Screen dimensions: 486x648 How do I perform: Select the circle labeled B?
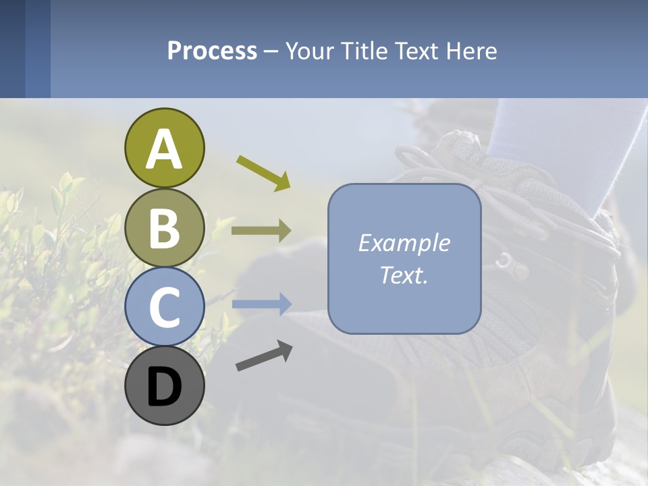click(164, 227)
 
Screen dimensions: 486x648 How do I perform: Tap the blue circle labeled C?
click(164, 306)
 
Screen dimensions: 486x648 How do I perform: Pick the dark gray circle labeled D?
click(164, 385)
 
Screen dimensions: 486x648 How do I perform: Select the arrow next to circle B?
click(261, 231)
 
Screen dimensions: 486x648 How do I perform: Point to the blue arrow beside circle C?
click(261, 304)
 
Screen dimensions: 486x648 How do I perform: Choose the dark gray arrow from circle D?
click(264, 356)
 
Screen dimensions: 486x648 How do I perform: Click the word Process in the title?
click(212, 51)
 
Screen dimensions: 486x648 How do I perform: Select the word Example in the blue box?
click(404, 243)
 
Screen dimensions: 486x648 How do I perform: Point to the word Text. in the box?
click(404, 275)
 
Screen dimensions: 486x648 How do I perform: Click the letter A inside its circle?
click(164, 150)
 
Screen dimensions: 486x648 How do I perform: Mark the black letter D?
click(164, 388)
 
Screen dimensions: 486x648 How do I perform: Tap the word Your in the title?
click(310, 51)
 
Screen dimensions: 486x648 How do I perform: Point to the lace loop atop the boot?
click(412, 159)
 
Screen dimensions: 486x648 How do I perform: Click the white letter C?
click(164, 308)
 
